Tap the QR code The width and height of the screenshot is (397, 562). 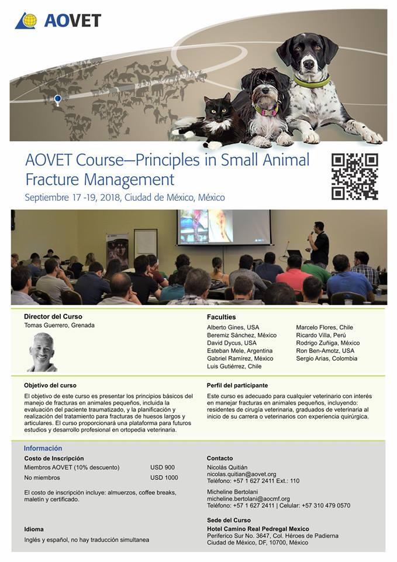tap(355, 176)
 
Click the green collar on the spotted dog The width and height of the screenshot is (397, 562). tap(312, 81)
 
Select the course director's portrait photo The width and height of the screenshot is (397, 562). tap(42, 352)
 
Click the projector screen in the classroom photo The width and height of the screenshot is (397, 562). tap(224, 227)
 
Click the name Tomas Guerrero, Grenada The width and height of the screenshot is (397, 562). tap(60, 325)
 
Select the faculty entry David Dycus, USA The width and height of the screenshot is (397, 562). tap(232, 343)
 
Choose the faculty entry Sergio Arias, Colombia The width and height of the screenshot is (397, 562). tap(326, 358)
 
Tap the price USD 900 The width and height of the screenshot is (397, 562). tap(163, 467)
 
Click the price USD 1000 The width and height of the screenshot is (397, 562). tap(164, 478)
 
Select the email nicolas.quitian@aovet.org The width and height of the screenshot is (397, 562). tap(241, 474)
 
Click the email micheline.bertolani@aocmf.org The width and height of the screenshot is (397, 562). tap(248, 499)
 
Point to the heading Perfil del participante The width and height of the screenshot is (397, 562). tap(237, 386)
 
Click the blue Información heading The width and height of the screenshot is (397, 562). tap(43, 448)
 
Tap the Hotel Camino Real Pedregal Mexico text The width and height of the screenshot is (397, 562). tap(258, 529)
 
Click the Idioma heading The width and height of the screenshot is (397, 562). tap(34, 529)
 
